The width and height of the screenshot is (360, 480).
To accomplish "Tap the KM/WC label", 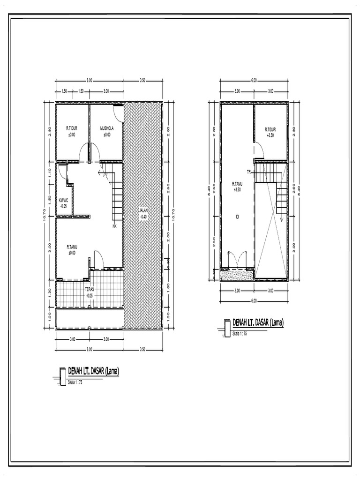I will (x=63, y=202).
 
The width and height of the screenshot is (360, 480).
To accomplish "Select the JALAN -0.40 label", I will (x=143, y=214).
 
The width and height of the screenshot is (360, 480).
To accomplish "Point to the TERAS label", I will (x=89, y=292).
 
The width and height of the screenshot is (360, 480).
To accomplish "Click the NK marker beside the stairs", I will (x=114, y=227).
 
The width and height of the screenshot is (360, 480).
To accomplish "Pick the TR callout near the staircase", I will (x=249, y=172).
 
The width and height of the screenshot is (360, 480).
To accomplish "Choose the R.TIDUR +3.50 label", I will (x=270, y=132).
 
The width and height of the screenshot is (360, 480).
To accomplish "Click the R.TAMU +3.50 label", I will (x=236, y=187).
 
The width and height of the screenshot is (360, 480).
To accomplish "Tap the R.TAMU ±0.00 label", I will (x=71, y=249).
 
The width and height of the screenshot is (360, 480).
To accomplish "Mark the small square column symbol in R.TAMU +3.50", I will (x=237, y=217).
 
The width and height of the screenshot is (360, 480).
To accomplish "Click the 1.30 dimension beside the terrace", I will (x=50, y=292).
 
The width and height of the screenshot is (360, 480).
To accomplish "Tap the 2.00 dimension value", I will (x=168, y=234).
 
